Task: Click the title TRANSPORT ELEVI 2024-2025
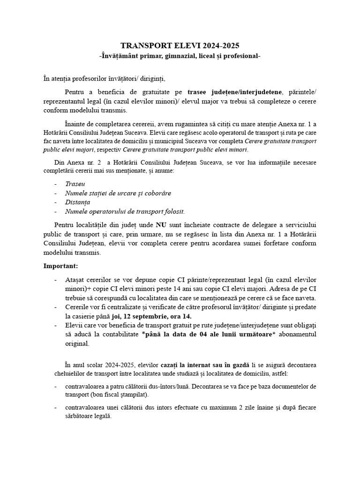point(180,45)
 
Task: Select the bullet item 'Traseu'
point(75,184)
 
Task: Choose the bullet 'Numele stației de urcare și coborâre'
point(118,193)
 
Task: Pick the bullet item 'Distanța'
point(78,202)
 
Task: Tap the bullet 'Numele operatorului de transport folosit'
point(125,211)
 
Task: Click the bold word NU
point(161,225)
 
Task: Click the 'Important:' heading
point(61,266)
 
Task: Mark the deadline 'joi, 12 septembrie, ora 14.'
point(151,316)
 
